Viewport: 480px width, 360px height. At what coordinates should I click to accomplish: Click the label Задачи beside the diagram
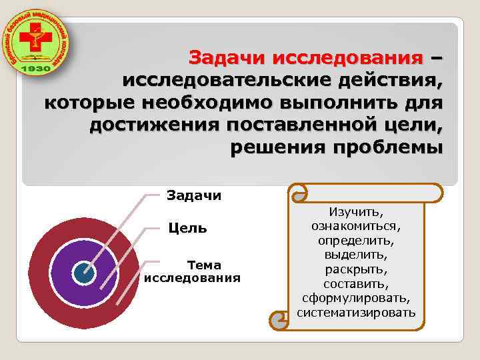coord(193,195)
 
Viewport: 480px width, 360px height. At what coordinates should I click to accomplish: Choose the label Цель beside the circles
coord(187,229)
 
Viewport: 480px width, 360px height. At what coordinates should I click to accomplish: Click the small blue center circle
coord(83,271)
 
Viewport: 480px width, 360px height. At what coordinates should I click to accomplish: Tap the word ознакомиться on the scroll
coord(357,225)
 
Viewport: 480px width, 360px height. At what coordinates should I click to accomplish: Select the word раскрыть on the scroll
coord(357,269)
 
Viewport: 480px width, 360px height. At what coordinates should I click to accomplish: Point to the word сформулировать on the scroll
coord(357,297)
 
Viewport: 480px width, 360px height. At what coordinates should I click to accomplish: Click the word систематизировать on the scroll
coord(357,312)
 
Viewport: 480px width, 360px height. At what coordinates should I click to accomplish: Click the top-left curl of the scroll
coord(298,193)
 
